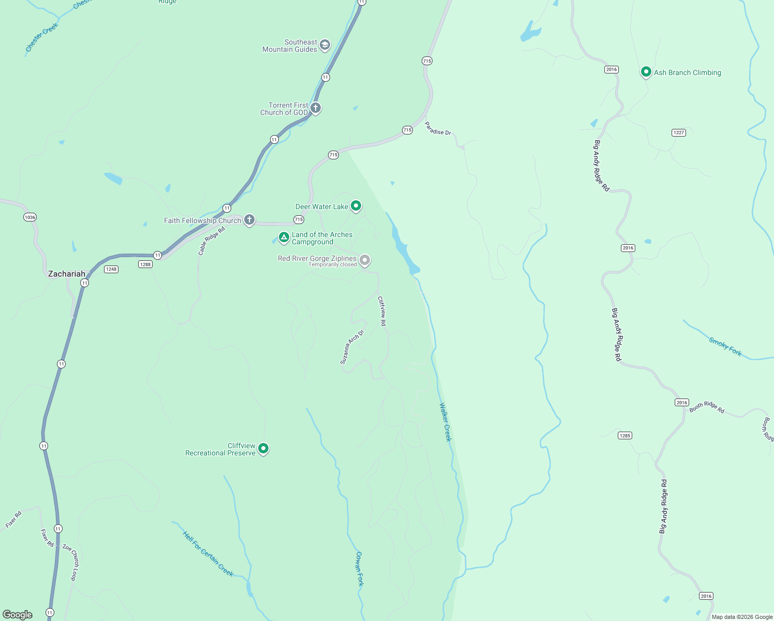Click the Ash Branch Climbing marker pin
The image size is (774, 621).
click(x=646, y=72)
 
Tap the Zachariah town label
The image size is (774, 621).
click(x=66, y=274)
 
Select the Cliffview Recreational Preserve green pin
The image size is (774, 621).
click(x=263, y=448)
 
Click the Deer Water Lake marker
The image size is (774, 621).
click(x=356, y=206)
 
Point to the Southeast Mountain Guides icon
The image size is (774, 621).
click(x=325, y=45)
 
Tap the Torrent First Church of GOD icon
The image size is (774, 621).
click(x=316, y=108)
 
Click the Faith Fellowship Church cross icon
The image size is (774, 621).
click(x=249, y=220)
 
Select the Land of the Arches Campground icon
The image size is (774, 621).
click(x=284, y=238)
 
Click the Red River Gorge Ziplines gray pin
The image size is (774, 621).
click(x=365, y=260)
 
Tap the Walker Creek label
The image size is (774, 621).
click(x=445, y=422)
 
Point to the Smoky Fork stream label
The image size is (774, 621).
click(x=725, y=347)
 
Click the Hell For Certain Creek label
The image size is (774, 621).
click(x=208, y=554)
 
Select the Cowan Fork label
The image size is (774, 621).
click(x=359, y=569)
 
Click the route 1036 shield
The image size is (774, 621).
click(x=30, y=217)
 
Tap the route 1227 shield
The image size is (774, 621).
click(x=679, y=132)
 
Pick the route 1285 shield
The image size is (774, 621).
click(x=625, y=435)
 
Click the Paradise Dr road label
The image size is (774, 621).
click(x=438, y=129)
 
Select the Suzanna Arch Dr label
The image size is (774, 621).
click(x=352, y=347)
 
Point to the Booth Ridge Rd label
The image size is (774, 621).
click(x=707, y=408)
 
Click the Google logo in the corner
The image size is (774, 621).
click(x=18, y=614)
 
